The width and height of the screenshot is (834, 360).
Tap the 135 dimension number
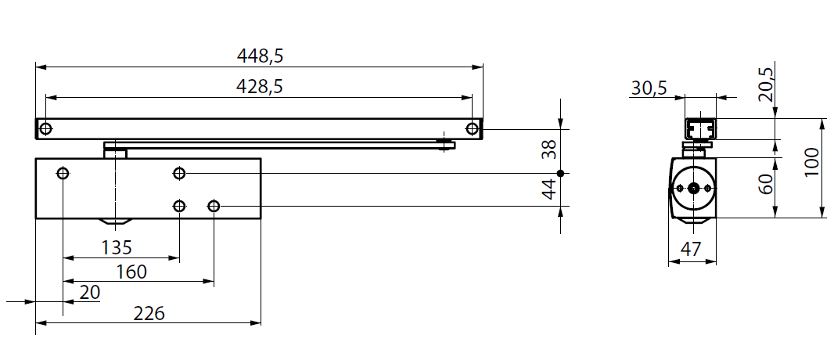[x=117, y=247]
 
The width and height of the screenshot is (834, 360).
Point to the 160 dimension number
[x=131, y=272]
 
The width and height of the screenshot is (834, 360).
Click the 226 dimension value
[x=149, y=313]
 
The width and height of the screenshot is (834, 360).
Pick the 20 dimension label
[x=90, y=292]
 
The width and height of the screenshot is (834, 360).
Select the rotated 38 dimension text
[x=548, y=149]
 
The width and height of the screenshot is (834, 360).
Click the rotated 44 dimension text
[x=548, y=189]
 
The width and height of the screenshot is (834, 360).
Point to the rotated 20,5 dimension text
[x=767, y=85]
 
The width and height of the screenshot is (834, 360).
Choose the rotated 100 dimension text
[x=811, y=165]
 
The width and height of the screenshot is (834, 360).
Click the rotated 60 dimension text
[x=767, y=185]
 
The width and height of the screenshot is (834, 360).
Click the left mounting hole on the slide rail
[x=46, y=128]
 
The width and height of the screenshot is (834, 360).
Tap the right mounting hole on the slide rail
[x=471, y=128]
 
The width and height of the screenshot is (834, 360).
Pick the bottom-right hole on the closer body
[x=214, y=206]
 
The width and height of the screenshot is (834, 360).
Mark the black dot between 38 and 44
[x=560, y=172]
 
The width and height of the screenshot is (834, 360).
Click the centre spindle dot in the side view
[x=693, y=188]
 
